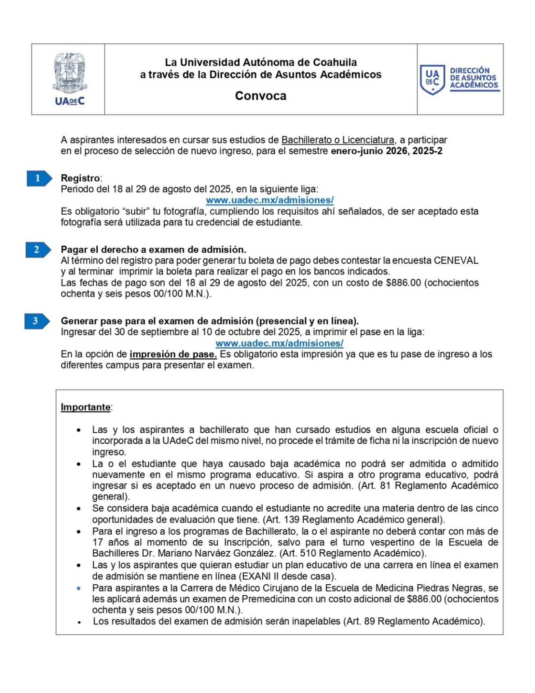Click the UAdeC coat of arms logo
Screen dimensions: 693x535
click(69, 79)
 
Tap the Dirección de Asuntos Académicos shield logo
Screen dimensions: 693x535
click(432, 79)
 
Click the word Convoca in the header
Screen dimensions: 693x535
click(261, 96)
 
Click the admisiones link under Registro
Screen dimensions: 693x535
click(270, 200)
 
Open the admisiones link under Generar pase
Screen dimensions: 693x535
click(279, 343)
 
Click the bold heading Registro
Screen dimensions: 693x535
click(80, 178)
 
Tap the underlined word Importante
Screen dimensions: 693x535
click(86, 407)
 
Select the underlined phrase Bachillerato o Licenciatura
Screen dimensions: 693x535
click(338, 140)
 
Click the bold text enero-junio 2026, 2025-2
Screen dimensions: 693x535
click(386, 151)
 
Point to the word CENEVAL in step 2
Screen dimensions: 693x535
click(456, 260)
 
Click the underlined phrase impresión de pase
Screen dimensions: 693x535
click(173, 354)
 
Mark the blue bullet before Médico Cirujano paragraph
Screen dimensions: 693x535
click(79, 588)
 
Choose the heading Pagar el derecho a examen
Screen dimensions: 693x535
click(153, 249)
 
